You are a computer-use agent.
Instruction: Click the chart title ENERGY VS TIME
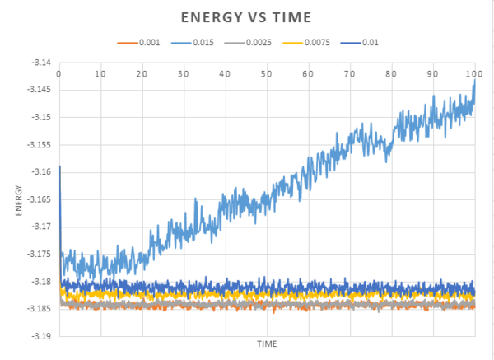(x=246, y=16)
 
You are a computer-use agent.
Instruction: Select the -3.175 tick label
(x=39, y=254)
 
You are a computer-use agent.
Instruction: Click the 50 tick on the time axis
(x=266, y=74)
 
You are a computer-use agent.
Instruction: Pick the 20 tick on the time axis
(x=142, y=74)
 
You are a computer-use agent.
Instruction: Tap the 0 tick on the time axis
(x=58, y=74)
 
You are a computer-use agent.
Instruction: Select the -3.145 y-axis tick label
(x=39, y=90)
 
